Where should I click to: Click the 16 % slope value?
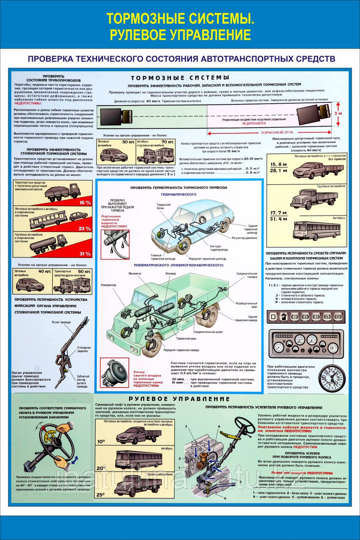point(85,202)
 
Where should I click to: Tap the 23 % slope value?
point(85,228)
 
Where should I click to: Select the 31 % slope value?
point(85,254)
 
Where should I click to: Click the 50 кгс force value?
point(128,142)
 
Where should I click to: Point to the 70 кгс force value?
point(167,142)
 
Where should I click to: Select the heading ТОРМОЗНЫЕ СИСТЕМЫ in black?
point(180,78)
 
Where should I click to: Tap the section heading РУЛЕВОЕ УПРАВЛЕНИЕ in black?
point(179,399)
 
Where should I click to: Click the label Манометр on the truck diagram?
point(135,274)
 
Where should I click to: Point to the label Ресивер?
point(171,274)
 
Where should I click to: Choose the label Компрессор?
point(108,285)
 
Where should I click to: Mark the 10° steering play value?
point(102,441)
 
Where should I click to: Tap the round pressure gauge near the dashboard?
point(332,378)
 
